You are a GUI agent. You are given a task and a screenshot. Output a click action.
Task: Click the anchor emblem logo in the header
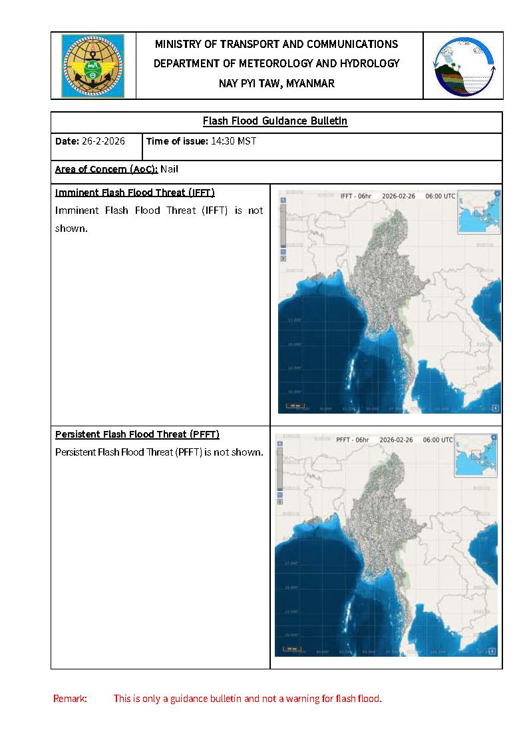[x=92, y=66]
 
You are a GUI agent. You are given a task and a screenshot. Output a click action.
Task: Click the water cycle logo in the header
[x=463, y=66]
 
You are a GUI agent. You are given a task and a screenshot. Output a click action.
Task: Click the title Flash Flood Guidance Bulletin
[x=275, y=121]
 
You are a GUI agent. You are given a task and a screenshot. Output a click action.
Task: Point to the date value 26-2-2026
[x=103, y=141]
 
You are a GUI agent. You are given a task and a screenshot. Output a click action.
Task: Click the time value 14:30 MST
[x=234, y=141]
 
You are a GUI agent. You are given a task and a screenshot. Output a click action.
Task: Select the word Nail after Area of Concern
[x=169, y=169]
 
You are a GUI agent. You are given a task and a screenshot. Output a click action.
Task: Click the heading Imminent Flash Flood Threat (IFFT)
[x=134, y=192]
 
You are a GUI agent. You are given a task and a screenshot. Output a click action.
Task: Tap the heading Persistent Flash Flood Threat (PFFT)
[x=137, y=434]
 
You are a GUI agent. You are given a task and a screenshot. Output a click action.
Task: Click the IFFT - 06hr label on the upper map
[x=355, y=196]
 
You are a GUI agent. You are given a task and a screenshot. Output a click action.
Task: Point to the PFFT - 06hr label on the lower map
[x=353, y=440]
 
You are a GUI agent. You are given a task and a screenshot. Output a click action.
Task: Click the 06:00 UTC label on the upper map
[x=440, y=196]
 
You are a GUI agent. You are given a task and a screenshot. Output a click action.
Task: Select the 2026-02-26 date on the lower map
[x=396, y=440]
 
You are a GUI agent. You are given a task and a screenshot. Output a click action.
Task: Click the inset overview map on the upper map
[x=478, y=213]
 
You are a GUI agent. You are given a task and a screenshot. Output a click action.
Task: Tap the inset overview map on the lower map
[x=475, y=456]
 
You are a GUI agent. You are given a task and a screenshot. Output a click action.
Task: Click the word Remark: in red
[x=70, y=699]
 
